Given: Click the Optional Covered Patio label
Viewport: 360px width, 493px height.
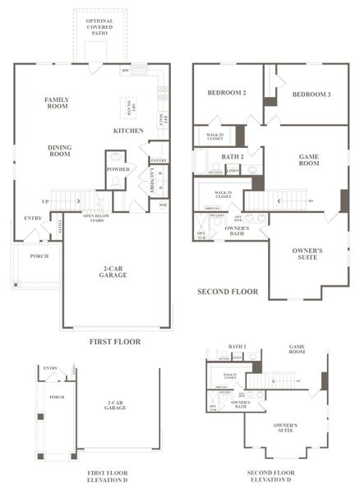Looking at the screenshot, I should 99,28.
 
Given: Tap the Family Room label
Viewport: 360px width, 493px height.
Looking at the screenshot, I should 56,103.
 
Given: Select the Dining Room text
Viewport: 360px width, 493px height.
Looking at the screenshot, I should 58,150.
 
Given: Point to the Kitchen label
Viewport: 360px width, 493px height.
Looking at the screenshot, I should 128,131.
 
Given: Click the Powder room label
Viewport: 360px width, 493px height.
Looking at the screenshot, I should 118,169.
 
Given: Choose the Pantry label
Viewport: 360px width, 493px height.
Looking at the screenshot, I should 159,161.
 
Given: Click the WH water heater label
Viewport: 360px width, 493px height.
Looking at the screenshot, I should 163,205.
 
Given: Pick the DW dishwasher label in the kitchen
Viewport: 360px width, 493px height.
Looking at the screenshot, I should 125,71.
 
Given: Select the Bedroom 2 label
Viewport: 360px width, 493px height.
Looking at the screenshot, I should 227,94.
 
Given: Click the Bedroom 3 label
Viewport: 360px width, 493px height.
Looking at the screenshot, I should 311,94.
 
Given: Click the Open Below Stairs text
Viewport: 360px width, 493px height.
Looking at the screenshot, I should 96,219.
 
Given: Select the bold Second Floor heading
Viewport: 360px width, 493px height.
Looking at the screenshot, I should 228,292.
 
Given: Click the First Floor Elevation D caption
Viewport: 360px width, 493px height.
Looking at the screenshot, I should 107,477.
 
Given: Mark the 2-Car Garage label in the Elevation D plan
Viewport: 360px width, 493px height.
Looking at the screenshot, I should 115,405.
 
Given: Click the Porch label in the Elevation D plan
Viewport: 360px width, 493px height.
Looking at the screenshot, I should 57,397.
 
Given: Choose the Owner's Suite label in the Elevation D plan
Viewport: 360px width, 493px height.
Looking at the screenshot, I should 285,427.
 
